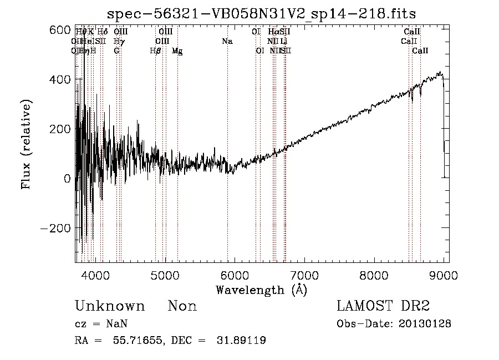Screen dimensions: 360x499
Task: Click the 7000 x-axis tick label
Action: pos(304,275)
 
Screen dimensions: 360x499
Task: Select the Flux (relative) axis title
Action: pos(26,144)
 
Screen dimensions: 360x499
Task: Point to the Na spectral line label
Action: pos(227,41)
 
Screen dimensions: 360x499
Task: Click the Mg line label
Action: pos(177,50)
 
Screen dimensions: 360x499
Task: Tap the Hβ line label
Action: pos(155,50)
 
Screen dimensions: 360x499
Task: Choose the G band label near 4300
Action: pos(116,50)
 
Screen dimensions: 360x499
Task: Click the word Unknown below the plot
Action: pos(110,306)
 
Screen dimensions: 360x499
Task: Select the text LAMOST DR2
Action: pos(383,306)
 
